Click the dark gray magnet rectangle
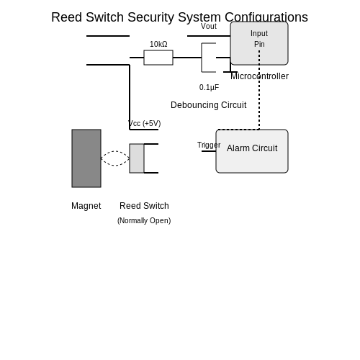(86, 158)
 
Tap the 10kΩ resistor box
(158, 58)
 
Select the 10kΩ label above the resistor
(158, 44)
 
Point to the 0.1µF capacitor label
(209, 87)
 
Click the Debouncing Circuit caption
(209, 105)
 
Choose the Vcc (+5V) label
(145, 123)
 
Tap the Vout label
(209, 26)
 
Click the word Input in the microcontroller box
(259, 33)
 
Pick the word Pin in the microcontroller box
(259, 44)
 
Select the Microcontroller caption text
(259, 76)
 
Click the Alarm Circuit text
(252, 148)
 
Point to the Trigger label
(209, 145)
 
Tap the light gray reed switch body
(137, 158)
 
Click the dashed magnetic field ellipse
(115, 151)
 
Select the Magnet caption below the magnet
(86, 206)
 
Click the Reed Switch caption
(144, 206)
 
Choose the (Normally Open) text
(144, 220)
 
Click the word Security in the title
(150, 17)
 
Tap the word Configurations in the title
(266, 17)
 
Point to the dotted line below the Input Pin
(259, 90)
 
